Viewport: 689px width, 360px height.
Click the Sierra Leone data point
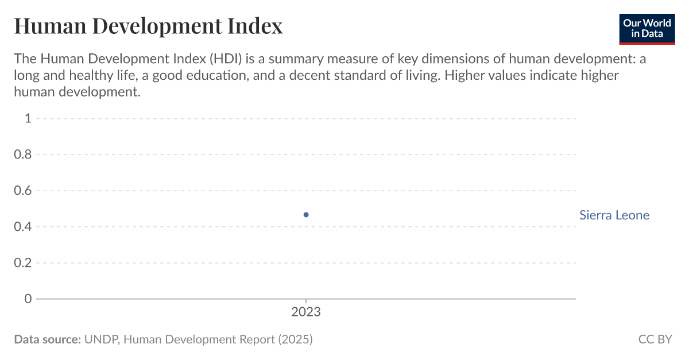coord(306,215)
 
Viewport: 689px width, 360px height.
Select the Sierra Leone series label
coord(614,215)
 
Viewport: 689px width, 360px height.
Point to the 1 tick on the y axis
coord(28,118)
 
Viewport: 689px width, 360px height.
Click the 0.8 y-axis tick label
coord(23,154)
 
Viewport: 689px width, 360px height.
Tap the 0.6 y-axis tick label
coord(23,191)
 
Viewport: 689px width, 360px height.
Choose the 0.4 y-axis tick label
coord(23,227)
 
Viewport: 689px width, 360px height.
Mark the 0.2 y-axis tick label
coord(23,263)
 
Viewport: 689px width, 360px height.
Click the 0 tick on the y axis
coord(28,299)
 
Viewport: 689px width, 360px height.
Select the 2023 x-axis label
coord(306,313)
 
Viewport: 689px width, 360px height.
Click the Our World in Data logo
coord(647,28)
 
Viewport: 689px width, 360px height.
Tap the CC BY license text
coord(655,339)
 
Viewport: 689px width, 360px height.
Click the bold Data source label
coord(47,339)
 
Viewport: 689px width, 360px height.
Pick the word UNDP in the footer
coord(101,339)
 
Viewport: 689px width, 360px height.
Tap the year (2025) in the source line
coord(295,339)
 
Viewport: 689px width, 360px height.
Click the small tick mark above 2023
coord(306,301)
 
